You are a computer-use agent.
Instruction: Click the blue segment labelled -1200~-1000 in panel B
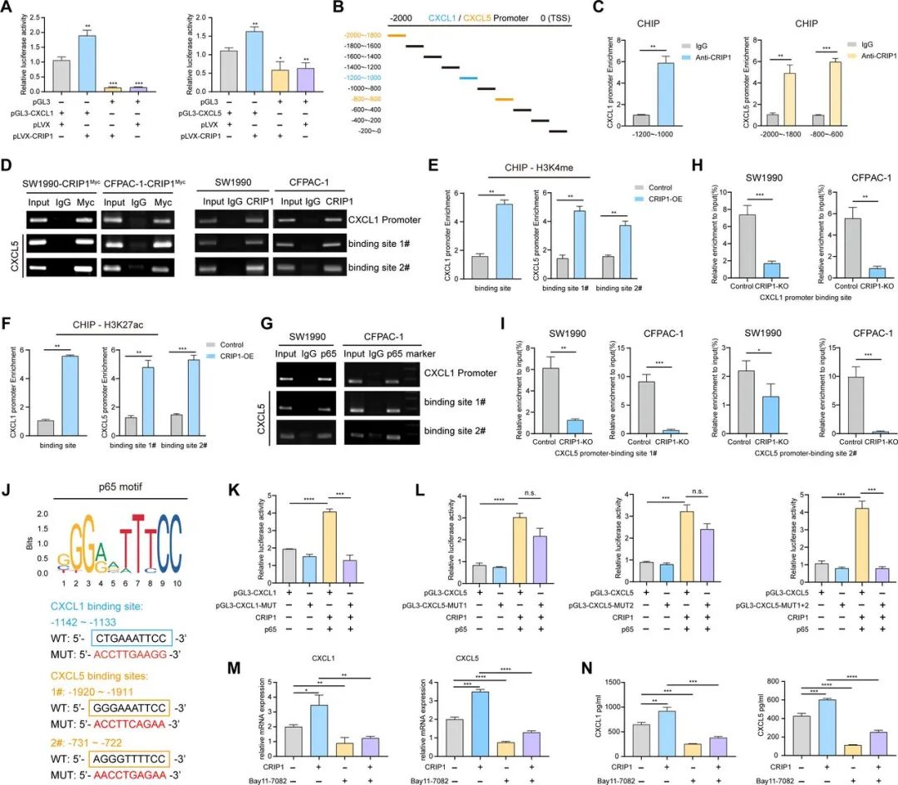(468, 77)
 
